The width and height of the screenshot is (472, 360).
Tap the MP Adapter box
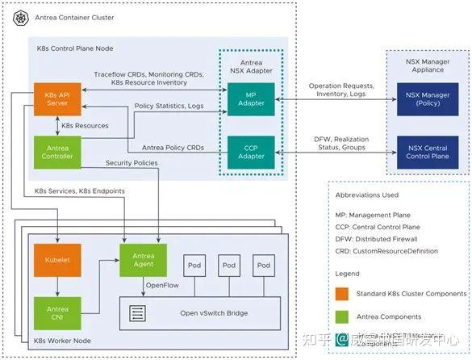coord(252,99)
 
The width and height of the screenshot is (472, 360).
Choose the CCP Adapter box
coord(252,151)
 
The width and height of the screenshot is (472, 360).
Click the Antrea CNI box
coord(56,313)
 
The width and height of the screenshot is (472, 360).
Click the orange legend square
coord(343,293)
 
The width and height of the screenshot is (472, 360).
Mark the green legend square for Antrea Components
coord(343,316)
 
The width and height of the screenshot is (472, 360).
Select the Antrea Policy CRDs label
coord(173,148)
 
